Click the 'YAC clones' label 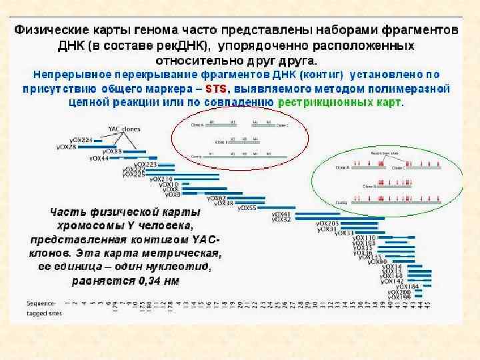tap(122, 129)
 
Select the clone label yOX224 tap(80, 140)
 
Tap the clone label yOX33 tap(344, 233)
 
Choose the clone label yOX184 tap(409, 286)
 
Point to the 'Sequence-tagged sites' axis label tap(41, 306)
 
